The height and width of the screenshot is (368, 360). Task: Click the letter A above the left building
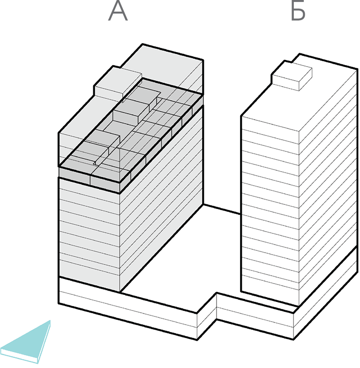click(118, 11)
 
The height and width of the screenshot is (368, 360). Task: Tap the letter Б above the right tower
click(298, 11)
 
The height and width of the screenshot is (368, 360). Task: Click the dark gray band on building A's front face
click(89, 180)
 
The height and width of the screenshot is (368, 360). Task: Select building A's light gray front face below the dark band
click(89, 235)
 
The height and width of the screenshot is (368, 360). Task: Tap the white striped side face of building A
click(162, 200)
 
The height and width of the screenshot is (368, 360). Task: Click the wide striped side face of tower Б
click(329, 188)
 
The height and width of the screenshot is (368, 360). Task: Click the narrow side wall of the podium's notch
click(207, 316)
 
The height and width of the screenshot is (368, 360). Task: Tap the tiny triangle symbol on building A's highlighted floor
click(94, 163)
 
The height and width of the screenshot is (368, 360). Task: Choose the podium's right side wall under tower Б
click(326, 293)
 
